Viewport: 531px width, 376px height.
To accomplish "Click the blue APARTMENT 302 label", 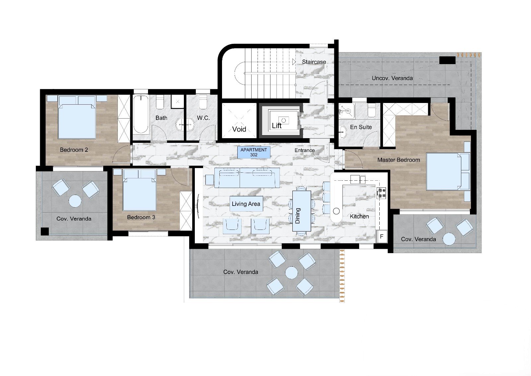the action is coord(254,152).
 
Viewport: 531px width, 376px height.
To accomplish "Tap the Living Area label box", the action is coord(246,204).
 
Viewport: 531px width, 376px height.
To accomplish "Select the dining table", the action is coord(302,211).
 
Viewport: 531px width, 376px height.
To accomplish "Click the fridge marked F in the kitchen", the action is coord(382,236).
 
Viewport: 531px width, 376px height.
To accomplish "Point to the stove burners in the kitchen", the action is coord(382,193).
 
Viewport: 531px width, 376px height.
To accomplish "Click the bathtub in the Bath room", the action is coord(141,114).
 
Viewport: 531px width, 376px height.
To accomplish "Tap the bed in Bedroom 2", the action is coord(77,117).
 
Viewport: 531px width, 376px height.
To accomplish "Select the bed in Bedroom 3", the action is coord(139,190).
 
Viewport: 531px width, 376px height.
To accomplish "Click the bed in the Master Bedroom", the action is coord(448,171).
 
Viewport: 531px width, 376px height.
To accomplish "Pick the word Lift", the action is coord(277,126).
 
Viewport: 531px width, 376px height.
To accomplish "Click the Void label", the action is coord(239,129).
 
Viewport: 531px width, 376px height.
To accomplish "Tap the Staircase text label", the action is coord(314,62).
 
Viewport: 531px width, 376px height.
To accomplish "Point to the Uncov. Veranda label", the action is coord(392,78).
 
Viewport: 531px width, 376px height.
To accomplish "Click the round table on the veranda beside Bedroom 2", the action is coord(75,201).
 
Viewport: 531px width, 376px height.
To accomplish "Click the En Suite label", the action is coord(361,127).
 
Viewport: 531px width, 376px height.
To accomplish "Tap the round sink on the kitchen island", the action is coord(337,211).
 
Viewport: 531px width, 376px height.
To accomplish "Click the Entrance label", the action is coord(305,150).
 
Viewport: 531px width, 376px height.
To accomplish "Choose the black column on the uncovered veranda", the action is coord(447,60).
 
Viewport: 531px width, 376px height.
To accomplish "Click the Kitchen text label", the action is coord(359,216).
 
